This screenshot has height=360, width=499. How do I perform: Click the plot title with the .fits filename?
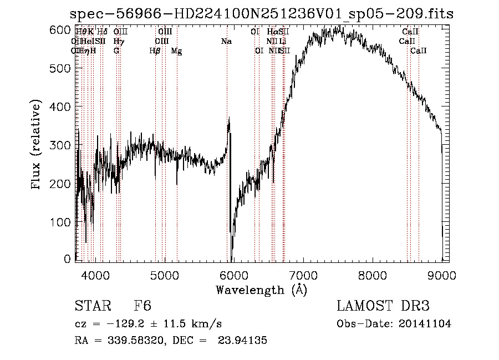263,14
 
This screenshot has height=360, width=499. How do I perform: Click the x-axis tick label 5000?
164,274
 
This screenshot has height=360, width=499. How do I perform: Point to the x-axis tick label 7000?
303,274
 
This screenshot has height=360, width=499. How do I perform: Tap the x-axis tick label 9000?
442,274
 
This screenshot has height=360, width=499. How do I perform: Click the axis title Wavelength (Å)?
261,290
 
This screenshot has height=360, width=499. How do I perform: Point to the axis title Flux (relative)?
37,145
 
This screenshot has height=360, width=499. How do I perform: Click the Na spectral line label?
226,41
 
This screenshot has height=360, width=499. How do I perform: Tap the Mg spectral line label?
176,51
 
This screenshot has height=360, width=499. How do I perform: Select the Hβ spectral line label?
155,51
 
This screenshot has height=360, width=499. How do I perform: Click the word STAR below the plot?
91,306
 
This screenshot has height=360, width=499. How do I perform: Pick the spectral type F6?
142,306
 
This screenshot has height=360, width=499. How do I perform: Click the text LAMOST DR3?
383,306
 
